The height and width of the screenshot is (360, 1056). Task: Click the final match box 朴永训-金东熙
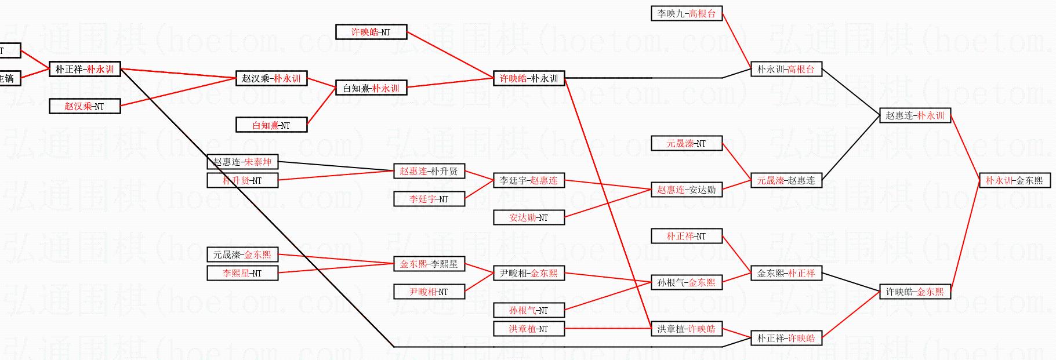click(1014, 180)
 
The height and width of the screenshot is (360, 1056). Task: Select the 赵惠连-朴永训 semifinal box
click(915, 115)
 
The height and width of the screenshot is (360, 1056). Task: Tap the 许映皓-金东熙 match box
click(915, 292)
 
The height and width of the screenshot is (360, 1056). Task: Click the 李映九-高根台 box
click(687, 13)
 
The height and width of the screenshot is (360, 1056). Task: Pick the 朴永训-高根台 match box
click(786, 69)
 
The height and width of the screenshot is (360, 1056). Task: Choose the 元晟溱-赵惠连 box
click(786, 180)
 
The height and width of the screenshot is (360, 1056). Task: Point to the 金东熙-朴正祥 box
click(786, 273)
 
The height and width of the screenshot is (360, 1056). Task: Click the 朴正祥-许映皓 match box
click(786, 338)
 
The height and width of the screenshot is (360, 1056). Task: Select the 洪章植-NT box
click(528, 329)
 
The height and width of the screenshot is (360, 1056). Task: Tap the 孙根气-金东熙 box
click(686, 282)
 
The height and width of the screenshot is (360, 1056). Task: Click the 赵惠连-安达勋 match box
click(686, 190)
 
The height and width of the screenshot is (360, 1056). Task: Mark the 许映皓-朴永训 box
click(528, 78)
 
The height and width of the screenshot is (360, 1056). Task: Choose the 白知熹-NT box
click(271, 125)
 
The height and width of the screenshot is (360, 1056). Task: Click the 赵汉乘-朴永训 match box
click(271, 78)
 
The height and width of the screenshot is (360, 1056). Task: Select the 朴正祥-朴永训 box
click(85, 69)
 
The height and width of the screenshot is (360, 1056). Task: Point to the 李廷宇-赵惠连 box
click(528, 180)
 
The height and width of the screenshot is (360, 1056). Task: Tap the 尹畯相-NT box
click(429, 292)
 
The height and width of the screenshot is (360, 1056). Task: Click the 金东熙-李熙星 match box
click(429, 264)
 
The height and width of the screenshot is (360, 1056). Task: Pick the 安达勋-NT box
click(528, 217)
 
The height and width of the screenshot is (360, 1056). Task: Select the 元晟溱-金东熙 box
click(242, 254)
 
